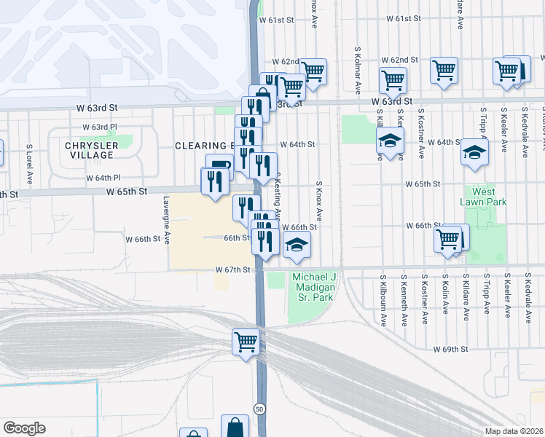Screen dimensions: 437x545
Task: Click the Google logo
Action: pos(24,428)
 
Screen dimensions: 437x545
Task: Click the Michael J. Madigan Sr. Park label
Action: pos(313,287)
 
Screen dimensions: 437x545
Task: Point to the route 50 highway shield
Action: pos(259,408)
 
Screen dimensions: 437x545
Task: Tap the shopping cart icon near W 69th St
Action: pos(246,341)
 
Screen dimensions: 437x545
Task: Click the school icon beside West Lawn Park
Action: pos(474,153)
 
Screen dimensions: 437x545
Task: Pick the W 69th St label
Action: pos(450,350)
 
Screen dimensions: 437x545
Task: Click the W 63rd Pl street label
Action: pos(100,127)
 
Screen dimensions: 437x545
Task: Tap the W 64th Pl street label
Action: pos(103,178)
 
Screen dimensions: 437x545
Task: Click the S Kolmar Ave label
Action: pos(358,71)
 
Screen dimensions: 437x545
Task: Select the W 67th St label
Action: pos(232,269)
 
